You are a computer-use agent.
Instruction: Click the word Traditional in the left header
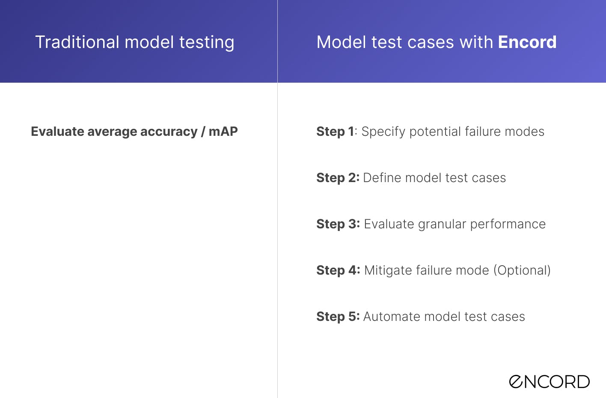coord(77,42)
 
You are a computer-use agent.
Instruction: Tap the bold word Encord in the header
coord(527,42)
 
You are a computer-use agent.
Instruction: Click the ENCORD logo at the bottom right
coord(549,381)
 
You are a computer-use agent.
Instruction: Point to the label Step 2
coord(338,178)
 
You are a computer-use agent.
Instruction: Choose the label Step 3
coord(338,224)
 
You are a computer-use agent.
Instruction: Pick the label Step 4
coord(338,270)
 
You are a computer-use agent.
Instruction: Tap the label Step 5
coord(338,317)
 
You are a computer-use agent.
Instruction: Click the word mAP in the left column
coord(223,132)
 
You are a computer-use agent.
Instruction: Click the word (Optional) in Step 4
coord(522,270)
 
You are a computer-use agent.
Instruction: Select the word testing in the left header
coord(207,43)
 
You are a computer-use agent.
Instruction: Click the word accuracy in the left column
coord(169,132)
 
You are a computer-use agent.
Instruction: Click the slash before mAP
coord(203,132)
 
